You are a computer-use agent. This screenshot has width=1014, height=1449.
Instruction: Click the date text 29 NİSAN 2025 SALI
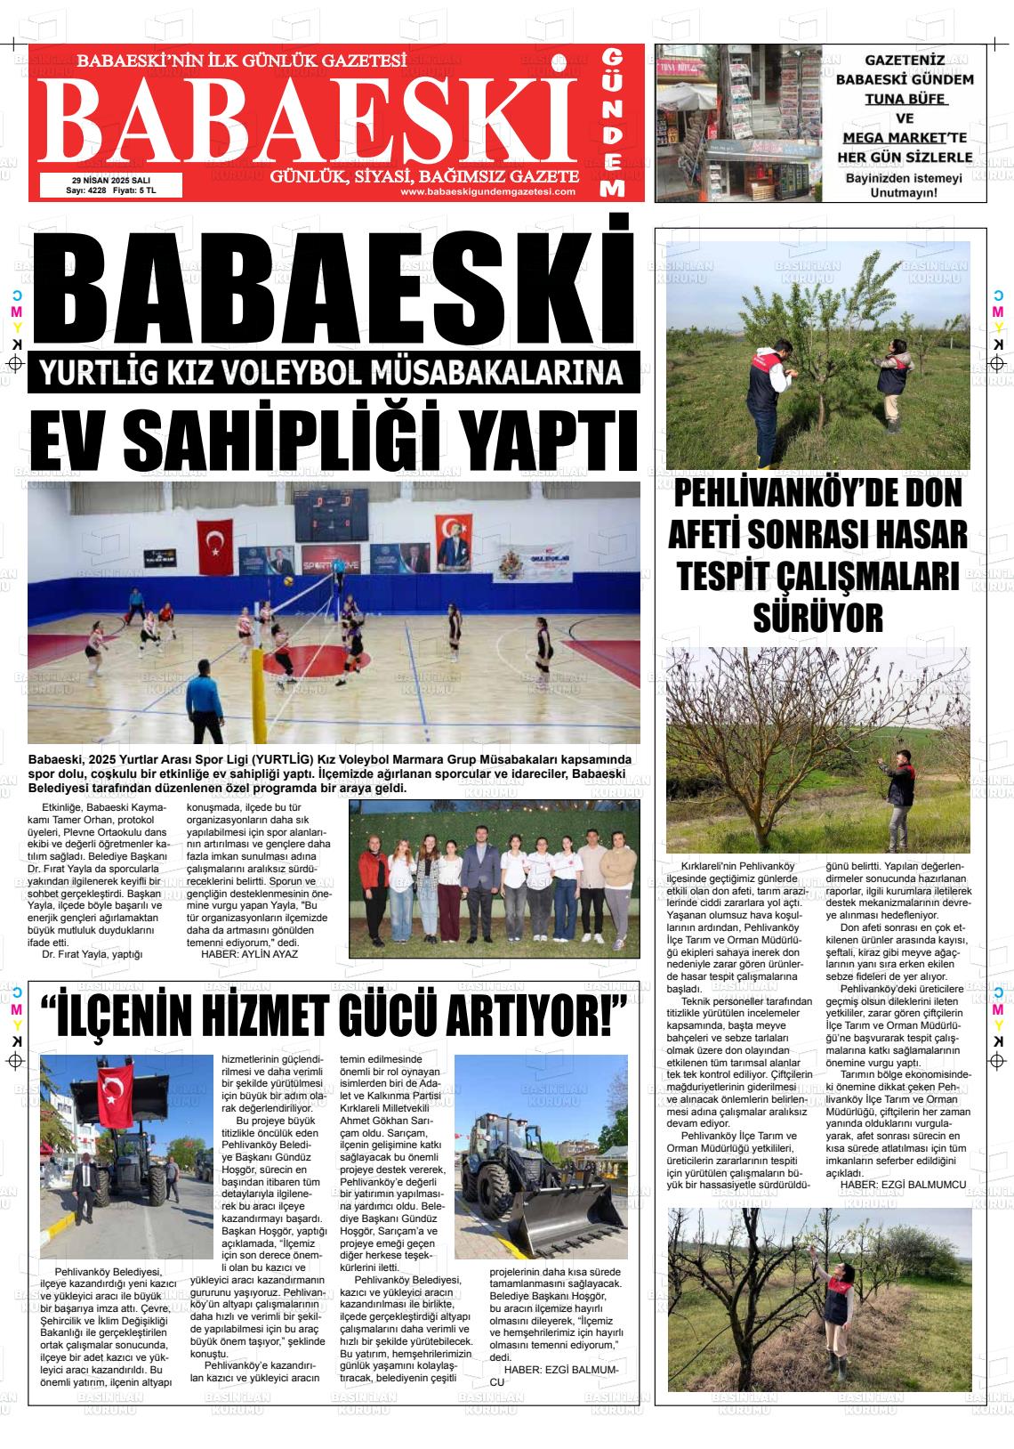coord(111,180)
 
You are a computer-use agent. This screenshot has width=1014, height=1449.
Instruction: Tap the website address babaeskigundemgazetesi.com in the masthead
coord(487,191)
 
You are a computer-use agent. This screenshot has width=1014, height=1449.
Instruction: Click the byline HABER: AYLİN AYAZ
coord(250,953)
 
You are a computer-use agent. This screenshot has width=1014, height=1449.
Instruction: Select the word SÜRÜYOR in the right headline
coord(817,616)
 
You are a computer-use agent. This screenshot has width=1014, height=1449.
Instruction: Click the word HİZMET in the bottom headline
coord(286,1014)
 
